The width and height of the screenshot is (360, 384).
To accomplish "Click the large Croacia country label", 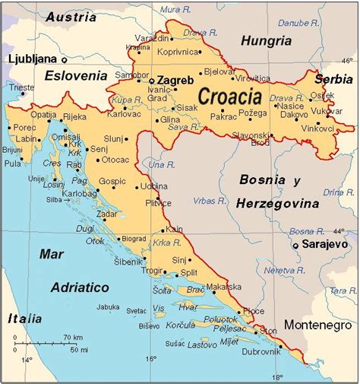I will (229, 97).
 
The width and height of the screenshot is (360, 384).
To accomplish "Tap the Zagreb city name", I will (175, 80).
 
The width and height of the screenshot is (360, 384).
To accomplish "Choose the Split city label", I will (189, 272).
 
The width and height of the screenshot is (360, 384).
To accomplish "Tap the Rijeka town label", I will (74, 116).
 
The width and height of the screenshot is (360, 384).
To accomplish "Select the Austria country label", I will (71, 17).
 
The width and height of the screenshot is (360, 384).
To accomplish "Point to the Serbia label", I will (335, 78).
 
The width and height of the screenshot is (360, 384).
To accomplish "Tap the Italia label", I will (24, 319).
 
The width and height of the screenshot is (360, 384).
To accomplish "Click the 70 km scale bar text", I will (73, 337).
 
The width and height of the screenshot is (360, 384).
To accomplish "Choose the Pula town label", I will (13, 163).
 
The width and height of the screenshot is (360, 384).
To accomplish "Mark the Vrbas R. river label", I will (209, 201).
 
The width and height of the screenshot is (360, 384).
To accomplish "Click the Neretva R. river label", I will (279, 270).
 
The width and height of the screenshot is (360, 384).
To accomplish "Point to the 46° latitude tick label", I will (348, 60).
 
